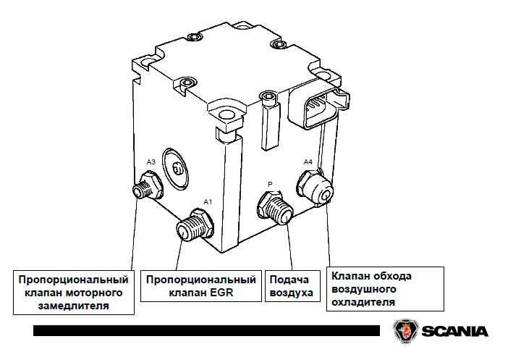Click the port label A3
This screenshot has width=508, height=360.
pos(151,161)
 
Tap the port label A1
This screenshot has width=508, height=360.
pos(208,201)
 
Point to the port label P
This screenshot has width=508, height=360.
pos(270,185)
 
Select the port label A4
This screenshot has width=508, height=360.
pos(308,162)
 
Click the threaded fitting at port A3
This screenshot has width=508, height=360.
pos(147,188)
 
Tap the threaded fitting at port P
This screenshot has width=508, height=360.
pos(276,210)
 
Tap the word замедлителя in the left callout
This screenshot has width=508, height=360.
pos(74,306)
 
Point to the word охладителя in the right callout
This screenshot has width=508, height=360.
pos(363,301)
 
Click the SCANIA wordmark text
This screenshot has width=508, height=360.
pos(454,331)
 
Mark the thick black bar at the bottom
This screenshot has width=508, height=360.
pos(206,330)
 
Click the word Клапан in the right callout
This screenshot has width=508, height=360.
pos(352,275)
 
